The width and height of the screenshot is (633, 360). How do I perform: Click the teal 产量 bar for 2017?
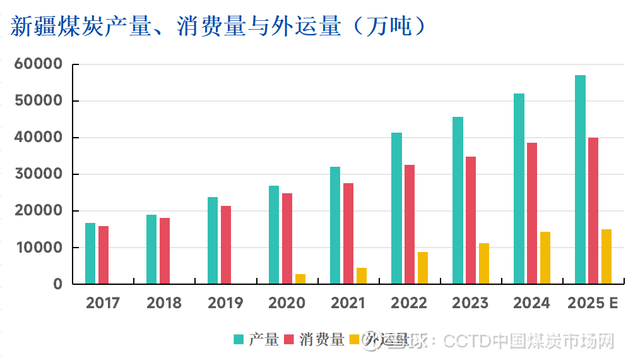point(90,253)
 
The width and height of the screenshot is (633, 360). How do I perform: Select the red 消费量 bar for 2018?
point(165,251)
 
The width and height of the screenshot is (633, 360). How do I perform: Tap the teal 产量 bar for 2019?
point(213,241)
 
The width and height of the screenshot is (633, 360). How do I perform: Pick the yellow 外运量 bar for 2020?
point(300,279)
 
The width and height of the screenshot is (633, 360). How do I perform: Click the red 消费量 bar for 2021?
point(348,233)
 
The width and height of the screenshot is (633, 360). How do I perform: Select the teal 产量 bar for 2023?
point(458,200)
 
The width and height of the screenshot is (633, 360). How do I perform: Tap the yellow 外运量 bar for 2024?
point(545,258)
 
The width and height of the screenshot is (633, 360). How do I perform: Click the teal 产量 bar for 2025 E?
point(580,179)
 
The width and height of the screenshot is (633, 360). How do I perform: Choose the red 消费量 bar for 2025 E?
point(593,210)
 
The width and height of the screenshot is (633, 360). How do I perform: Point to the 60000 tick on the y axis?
point(39,64)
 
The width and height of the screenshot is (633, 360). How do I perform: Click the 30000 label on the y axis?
point(39,174)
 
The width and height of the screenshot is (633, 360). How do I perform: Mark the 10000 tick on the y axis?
point(39,248)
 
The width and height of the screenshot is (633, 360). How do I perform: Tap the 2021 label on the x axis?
point(348,303)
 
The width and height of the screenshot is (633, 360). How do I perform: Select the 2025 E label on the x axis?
point(593,303)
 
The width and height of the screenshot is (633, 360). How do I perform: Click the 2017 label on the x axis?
point(103,303)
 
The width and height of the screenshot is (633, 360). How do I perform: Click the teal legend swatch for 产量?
point(239,340)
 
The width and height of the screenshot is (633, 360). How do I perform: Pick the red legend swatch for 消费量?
point(290,340)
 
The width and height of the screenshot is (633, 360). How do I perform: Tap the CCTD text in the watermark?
point(466,342)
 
